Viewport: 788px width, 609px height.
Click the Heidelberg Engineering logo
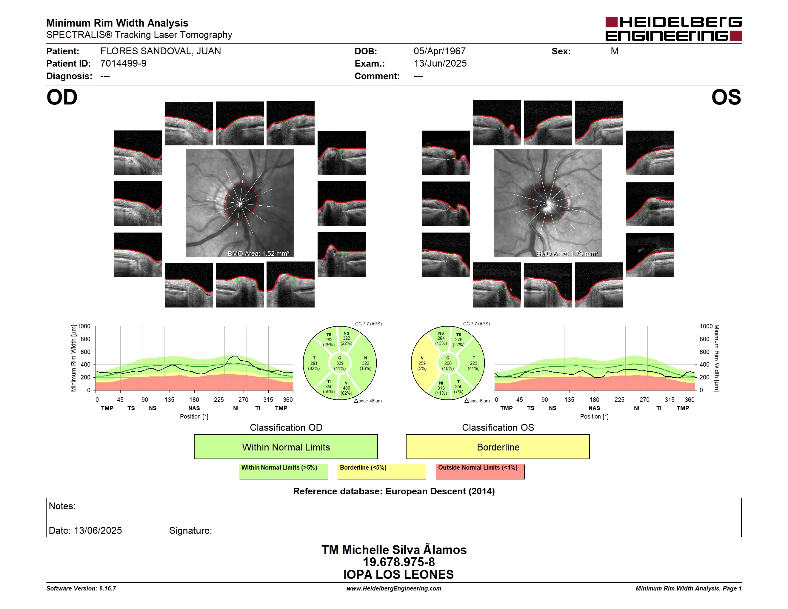point(673,29)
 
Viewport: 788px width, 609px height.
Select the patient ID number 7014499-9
point(123,64)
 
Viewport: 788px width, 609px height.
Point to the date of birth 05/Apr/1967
point(439,51)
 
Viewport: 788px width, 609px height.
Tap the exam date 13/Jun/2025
point(440,64)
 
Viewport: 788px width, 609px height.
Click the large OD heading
point(62,97)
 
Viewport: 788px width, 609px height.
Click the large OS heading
point(726,97)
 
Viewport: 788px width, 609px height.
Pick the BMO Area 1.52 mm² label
point(258,254)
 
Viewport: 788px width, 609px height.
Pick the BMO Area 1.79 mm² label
point(567,254)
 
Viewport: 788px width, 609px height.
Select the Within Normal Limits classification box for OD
point(286,447)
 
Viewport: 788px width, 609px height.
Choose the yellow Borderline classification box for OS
point(498,447)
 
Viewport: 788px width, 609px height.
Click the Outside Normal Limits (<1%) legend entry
point(480,471)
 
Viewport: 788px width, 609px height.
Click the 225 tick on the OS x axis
point(619,400)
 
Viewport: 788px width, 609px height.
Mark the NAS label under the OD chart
point(194,408)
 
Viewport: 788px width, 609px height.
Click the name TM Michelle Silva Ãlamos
point(394,550)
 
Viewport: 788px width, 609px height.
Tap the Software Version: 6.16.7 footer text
point(81,588)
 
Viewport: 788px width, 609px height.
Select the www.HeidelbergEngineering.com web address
point(394,588)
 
